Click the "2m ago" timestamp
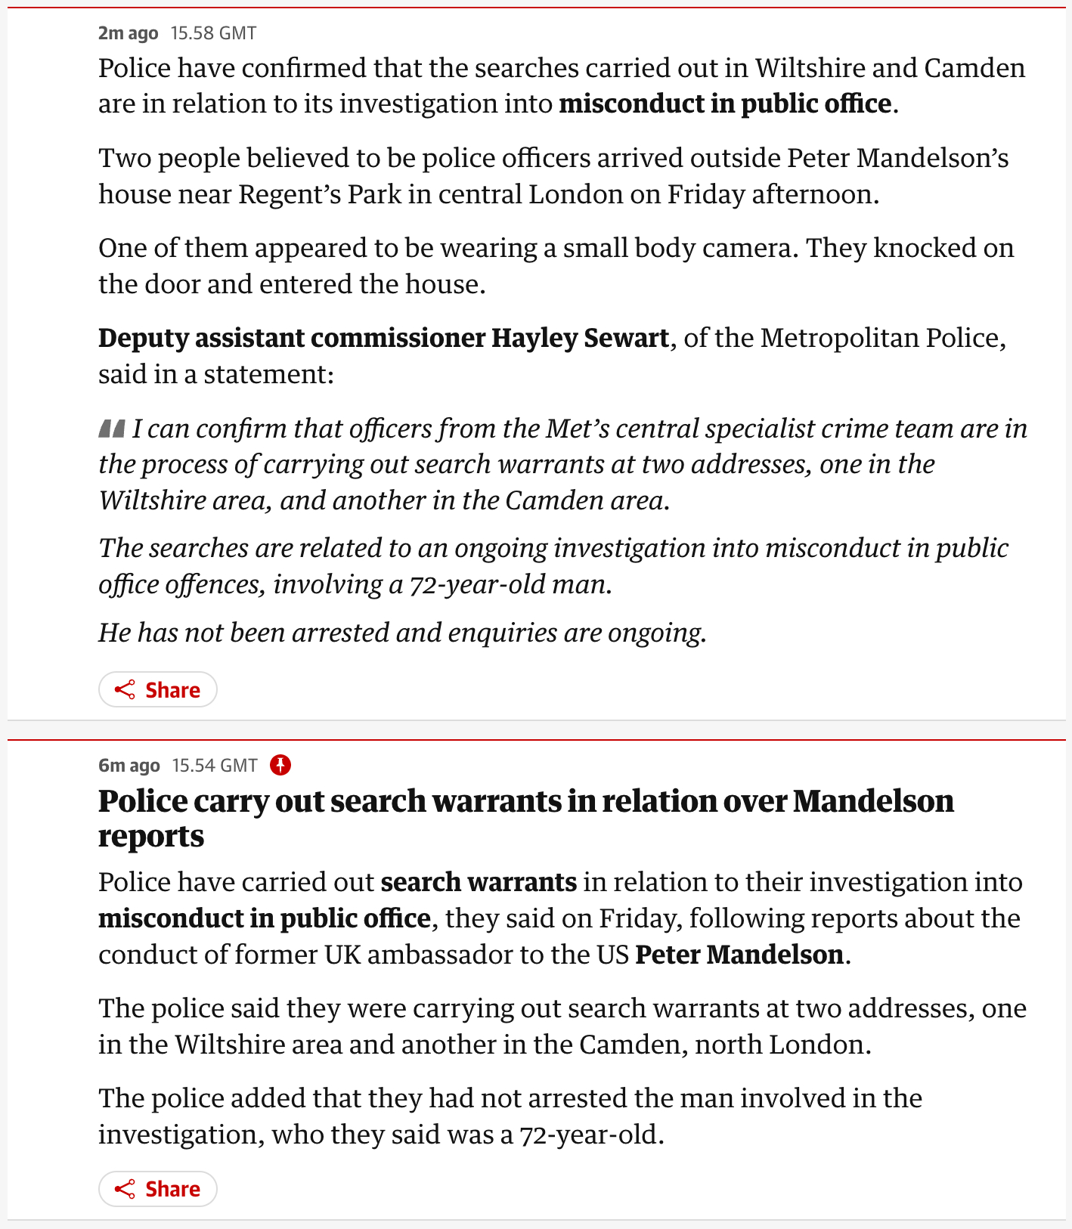pos(128,33)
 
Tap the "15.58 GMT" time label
pos(213,33)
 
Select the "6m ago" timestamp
pos(129,766)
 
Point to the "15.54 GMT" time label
pos(215,766)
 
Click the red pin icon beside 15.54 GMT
pos(280,765)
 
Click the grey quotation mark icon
pos(112,429)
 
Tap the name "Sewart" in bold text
pos(626,338)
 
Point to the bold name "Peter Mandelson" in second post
pos(739,955)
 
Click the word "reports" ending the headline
pos(151,836)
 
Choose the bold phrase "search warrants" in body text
pos(479,882)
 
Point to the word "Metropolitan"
pos(839,338)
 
